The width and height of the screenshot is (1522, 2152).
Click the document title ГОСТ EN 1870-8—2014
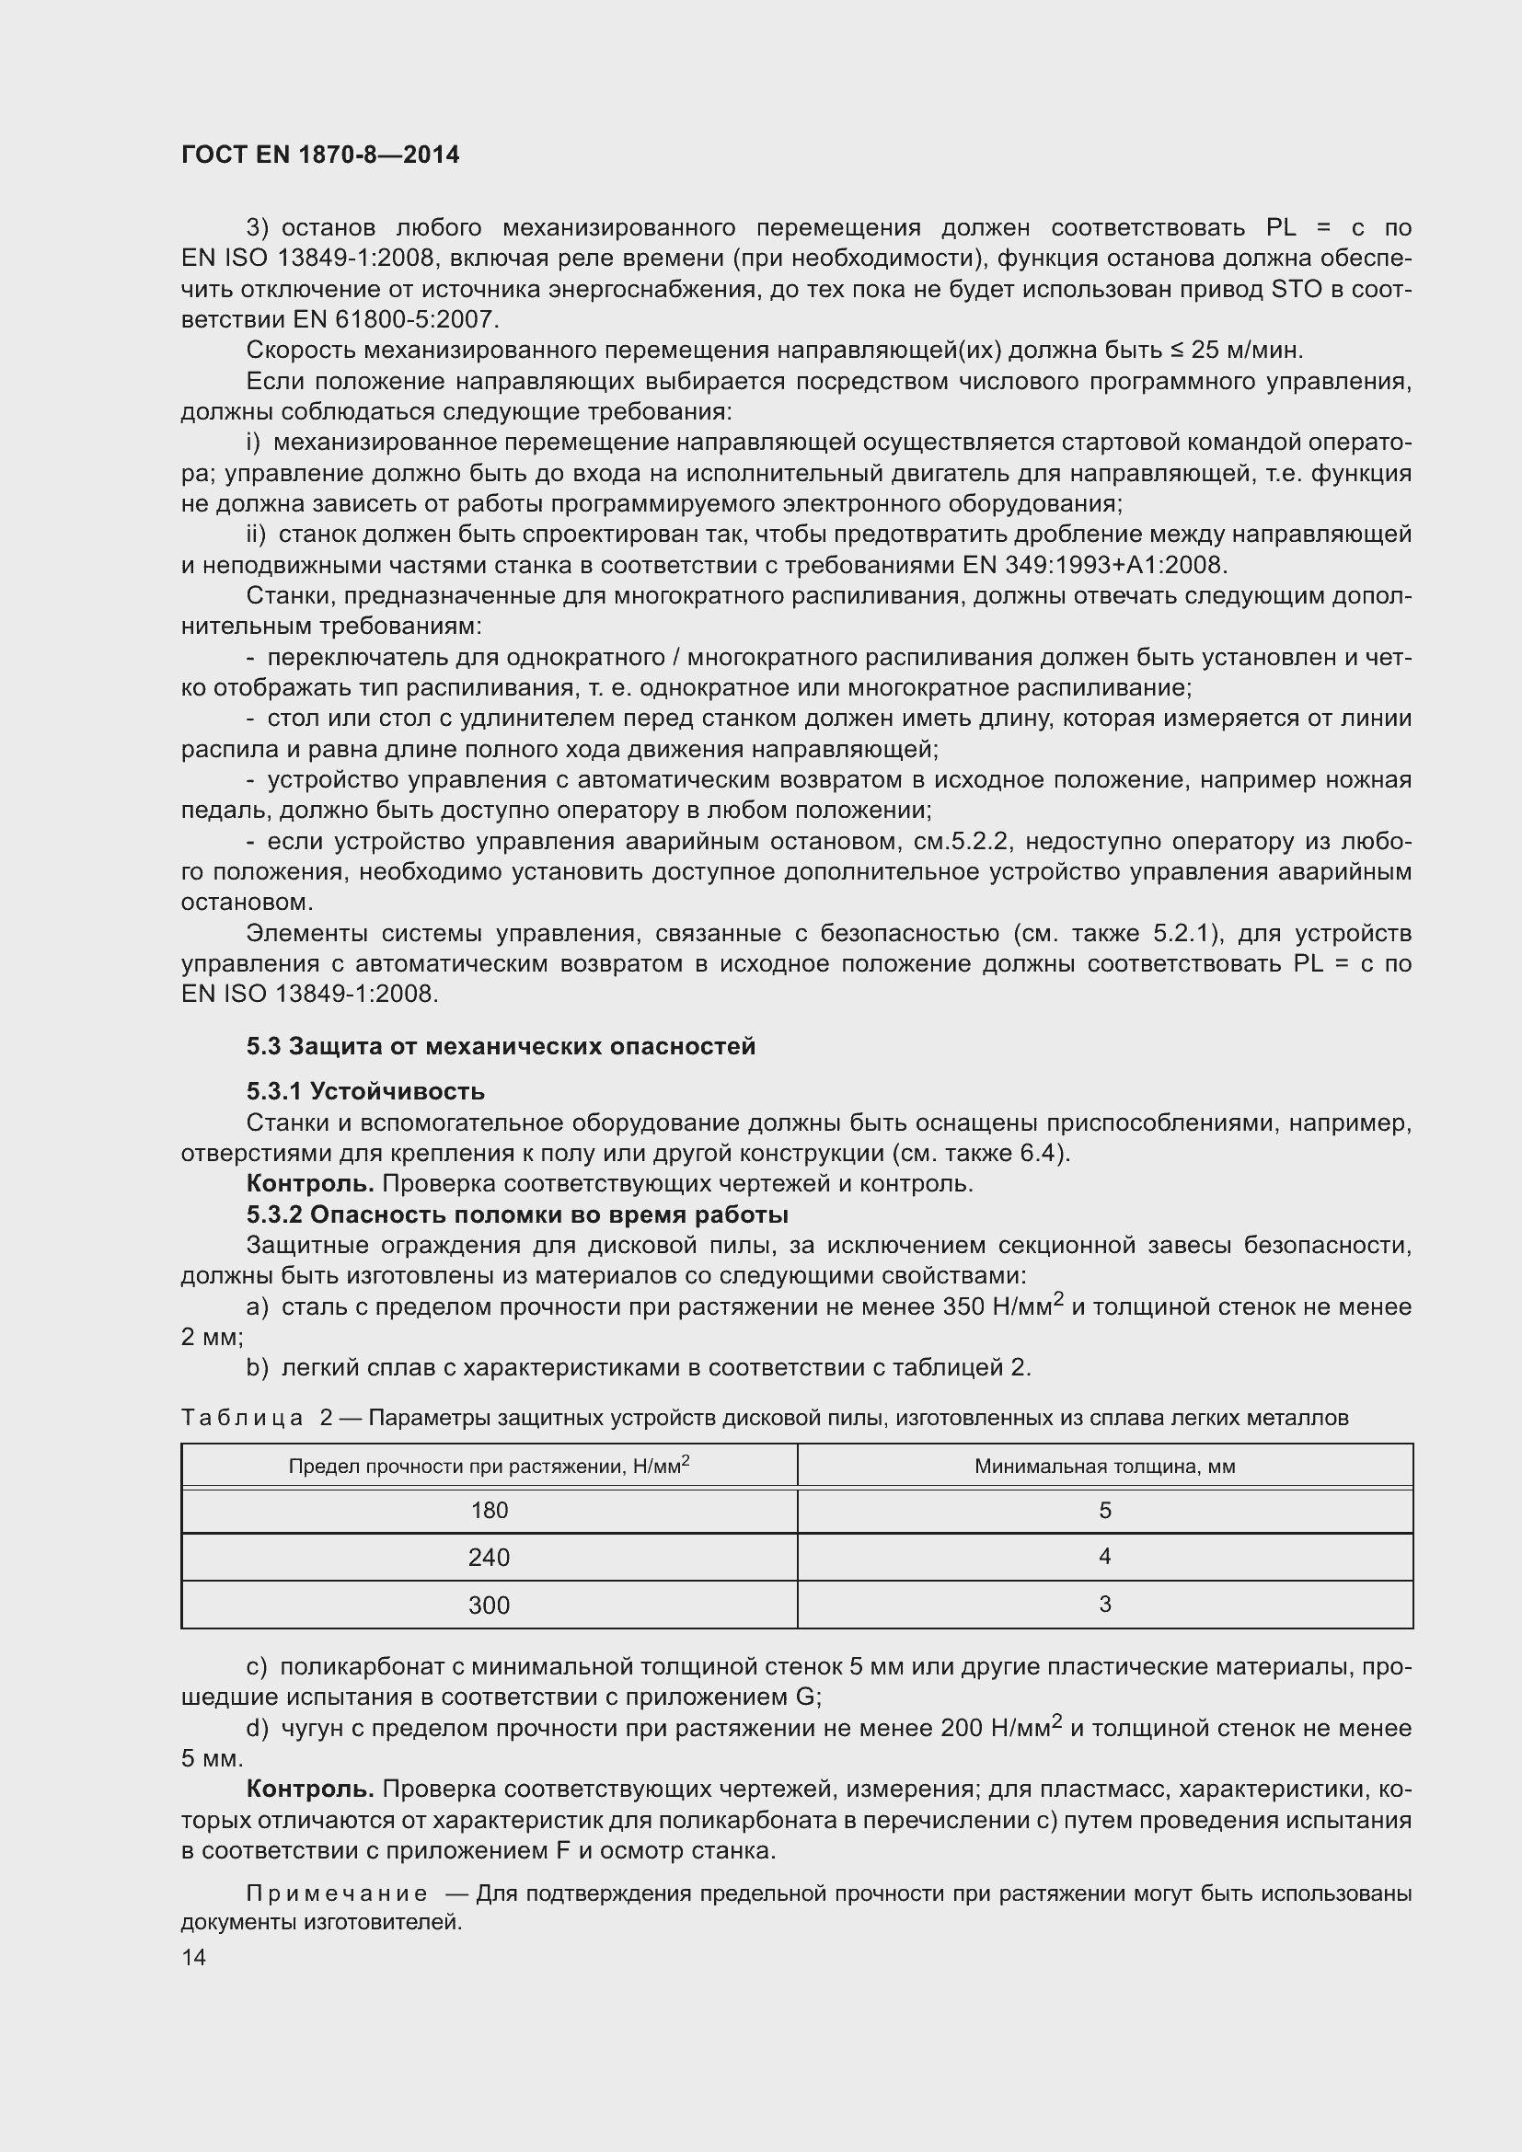tap(319, 155)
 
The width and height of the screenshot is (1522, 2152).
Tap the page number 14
tap(193, 1957)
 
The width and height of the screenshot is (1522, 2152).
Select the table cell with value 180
tap(489, 1510)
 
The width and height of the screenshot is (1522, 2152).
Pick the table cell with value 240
tap(489, 1558)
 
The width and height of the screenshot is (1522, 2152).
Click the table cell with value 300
tap(489, 1605)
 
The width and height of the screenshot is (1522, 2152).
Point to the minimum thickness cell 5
tap(1105, 1510)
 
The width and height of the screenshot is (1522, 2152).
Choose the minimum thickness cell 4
tap(1105, 1557)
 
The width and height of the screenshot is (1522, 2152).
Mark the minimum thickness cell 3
tap(1105, 1605)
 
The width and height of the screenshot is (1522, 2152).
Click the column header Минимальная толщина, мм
tap(1105, 1466)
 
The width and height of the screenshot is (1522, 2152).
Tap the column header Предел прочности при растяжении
tap(489, 1466)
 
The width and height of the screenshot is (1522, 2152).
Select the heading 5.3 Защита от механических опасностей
tap(501, 1046)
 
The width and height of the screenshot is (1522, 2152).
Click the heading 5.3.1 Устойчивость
tap(365, 1091)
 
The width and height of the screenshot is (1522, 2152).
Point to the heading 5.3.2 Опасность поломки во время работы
tap(517, 1214)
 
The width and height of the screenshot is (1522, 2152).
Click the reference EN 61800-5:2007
tap(395, 319)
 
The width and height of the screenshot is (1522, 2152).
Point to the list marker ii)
tap(256, 535)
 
